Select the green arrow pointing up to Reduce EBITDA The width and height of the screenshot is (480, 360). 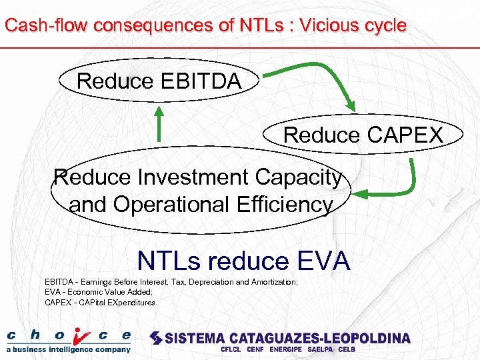click(159, 123)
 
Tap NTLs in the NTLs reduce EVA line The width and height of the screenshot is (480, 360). click(165, 261)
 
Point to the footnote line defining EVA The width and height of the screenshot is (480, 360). click(99, 292)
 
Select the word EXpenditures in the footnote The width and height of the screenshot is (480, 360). click(134, 302)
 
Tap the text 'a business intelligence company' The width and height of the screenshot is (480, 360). click(69, 349)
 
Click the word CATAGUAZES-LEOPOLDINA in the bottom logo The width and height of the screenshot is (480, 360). click(319, 338)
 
